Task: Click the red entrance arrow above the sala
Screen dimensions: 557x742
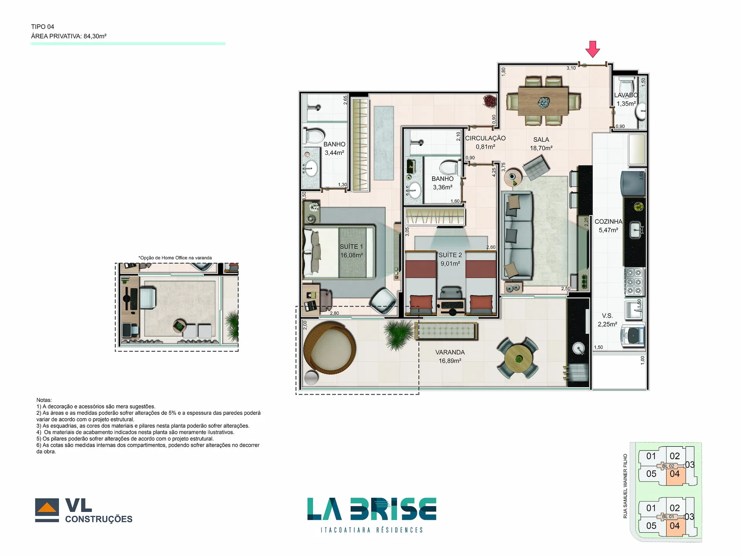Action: coord(592,49)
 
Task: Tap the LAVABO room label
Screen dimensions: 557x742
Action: coord(626,95)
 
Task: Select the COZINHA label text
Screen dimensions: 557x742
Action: coord(608,222)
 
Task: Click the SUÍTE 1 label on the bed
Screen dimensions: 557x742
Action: coord(351,247)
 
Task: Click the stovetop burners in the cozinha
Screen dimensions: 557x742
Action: coord(634,282)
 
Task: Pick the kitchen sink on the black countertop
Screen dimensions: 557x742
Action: coord(636,231)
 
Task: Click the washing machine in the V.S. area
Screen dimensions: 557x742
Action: coord(632,335)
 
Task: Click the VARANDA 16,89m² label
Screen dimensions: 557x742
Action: coord(450,357)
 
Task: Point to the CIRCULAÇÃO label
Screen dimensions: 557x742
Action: coord(485,138)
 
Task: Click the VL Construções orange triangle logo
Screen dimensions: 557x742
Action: coord(47,507)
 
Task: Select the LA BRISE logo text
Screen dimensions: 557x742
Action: coord(372,509)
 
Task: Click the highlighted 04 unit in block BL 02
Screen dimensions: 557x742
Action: coord(675,475)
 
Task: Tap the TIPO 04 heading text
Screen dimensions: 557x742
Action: coord(43,27)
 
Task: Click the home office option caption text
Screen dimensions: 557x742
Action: coord(175,258)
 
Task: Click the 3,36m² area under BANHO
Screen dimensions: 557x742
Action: coord(442,187)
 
